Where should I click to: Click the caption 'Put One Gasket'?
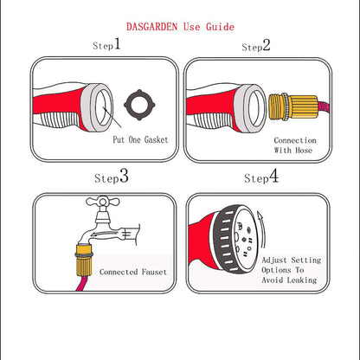tap(139, 139)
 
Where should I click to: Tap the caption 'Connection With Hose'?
tap(294, 145)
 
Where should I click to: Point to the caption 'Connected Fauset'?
tap(132, 273)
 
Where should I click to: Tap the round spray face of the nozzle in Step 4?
tap(242, 233)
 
